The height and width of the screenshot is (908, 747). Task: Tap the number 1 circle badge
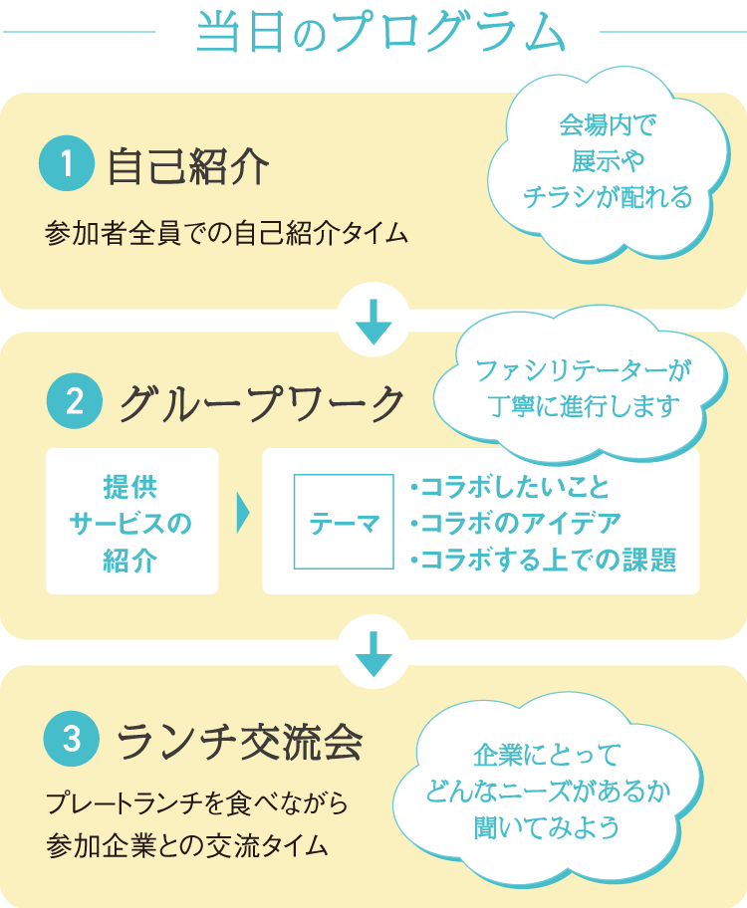(x=66, y=164)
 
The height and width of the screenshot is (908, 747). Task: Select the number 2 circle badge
(x=74, y=403)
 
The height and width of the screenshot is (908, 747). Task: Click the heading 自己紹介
(x=187, y=166)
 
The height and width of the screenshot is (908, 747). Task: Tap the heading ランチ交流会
(x=239, y=740)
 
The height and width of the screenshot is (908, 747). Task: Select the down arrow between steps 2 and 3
(x=373, y=655)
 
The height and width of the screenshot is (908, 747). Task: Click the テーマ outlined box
(x=344, y=522)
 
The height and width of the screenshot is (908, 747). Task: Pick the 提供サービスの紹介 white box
(x=131, y=522)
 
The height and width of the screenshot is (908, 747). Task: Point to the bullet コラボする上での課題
(x=542, y=560)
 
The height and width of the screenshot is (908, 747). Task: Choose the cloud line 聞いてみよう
(x=547, y=826)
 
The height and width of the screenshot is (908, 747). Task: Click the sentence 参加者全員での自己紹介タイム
(x=227, y=234)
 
